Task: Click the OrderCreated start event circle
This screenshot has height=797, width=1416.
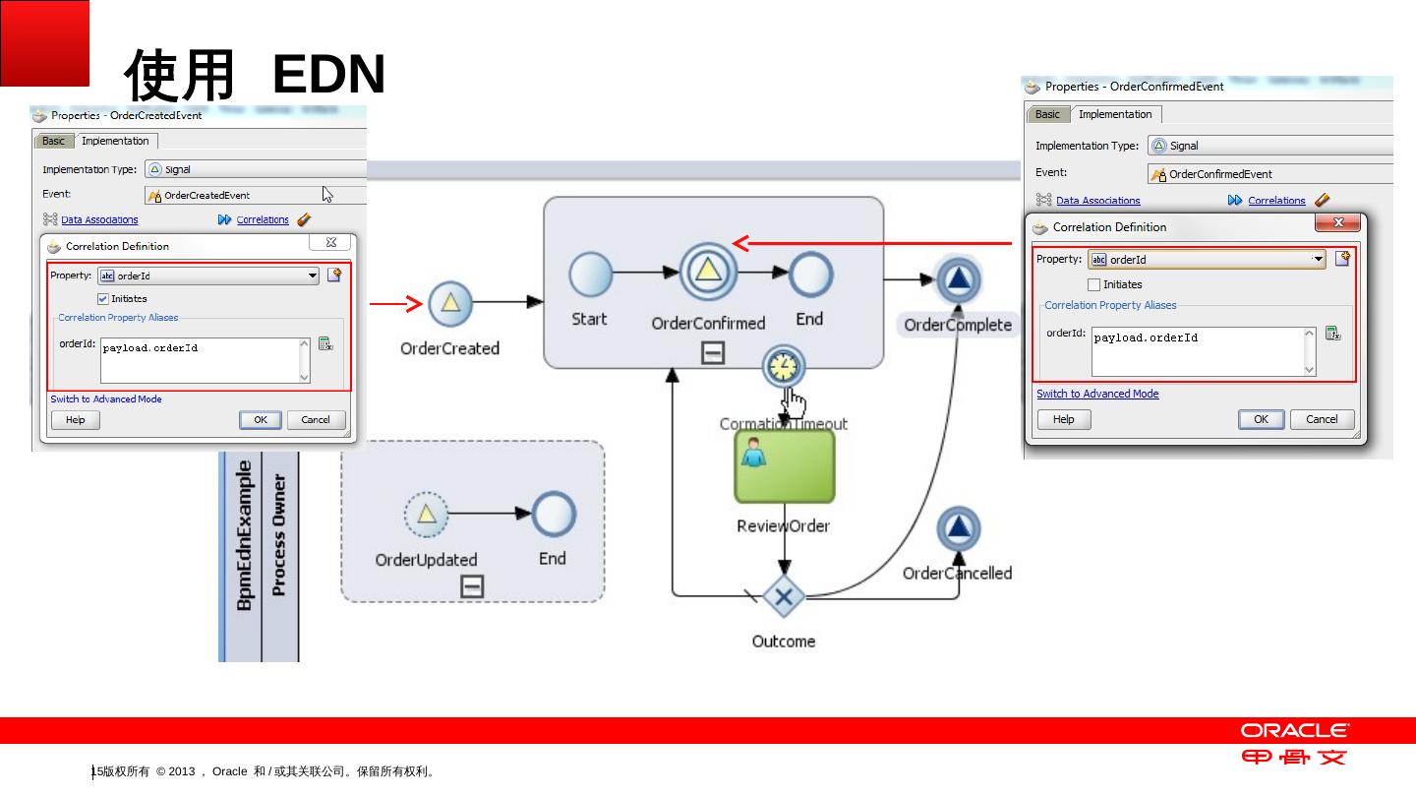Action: click(x=449, y=304)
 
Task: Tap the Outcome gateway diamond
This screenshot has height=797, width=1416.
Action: click(x=784, y=596)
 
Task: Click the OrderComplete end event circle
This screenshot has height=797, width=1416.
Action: click(x=958, y=281)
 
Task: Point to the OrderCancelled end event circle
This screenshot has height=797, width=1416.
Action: click(x=958, y=530)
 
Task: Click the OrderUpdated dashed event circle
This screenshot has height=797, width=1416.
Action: click(x=426, y=515)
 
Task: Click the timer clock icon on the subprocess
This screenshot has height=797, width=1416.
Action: click(x=784, y=367)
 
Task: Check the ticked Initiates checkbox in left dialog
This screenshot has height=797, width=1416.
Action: click(x=103, y=298)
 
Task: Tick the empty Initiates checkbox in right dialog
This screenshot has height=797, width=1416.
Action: click(x=1093, y=284)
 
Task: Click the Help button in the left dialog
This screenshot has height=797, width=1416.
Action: click(x=75, y=420)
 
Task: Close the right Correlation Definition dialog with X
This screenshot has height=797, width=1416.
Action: click(x=1337, y=224)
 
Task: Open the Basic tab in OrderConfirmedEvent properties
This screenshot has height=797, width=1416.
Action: click(x=1047, y=114)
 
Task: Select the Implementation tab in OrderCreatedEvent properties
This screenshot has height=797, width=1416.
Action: click(x=115, y=141)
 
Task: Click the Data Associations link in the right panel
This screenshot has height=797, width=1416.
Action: click(x=1097, y=201)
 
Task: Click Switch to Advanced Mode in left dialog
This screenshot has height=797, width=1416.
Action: click(x=106, y=399)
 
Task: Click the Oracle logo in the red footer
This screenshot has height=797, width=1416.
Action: click(x=1294, y=730)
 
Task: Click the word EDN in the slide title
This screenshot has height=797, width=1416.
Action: click(x=328, y=75)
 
